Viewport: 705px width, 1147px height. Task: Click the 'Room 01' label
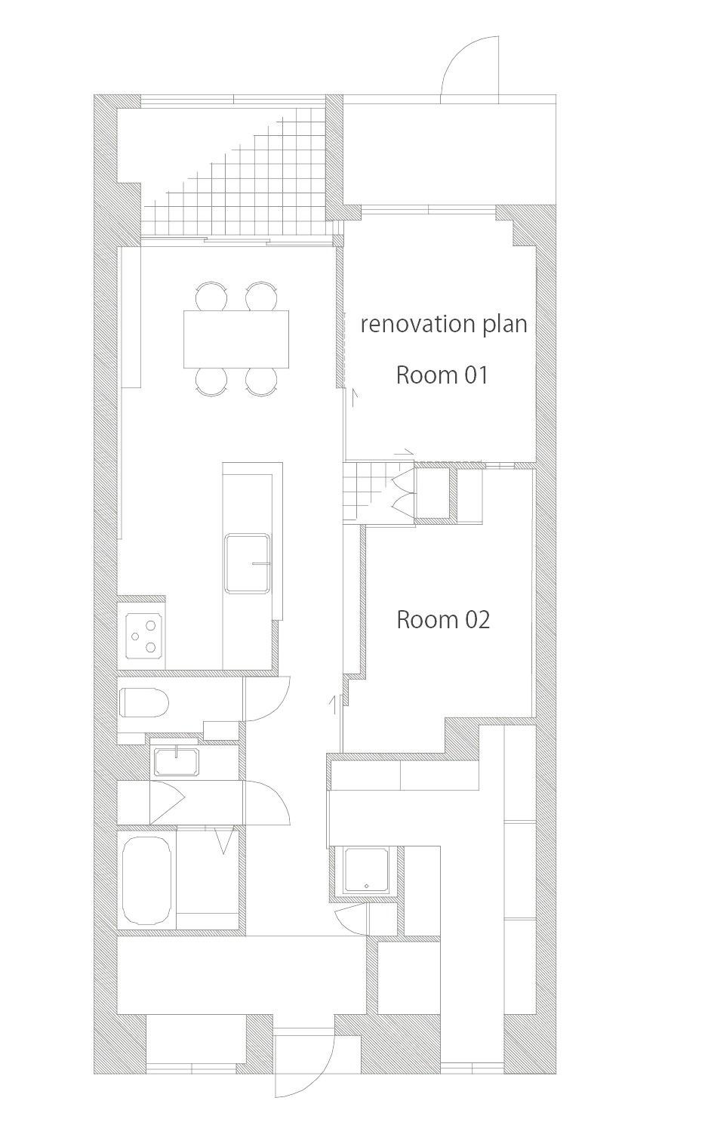pos(442,375)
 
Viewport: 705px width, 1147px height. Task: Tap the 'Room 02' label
pos(443,620)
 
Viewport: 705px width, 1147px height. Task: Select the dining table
pos(236,339)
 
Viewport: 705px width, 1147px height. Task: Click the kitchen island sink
pos(248,564)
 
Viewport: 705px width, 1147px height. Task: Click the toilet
pos(144,702)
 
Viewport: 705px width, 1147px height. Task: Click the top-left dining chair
pos(211,296)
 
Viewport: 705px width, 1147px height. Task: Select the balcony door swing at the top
pos(469,66)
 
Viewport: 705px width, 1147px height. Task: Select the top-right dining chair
pos(261,296)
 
